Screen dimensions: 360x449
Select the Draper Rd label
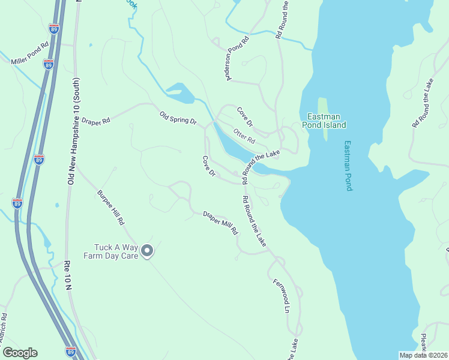(x=97, y=121)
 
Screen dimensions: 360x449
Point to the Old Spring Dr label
(x=178, y=117)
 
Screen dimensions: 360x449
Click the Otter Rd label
(x=244, y=136)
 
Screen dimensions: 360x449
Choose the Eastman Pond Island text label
(x=327, y=121)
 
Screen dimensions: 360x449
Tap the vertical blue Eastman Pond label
(x=348, y=166)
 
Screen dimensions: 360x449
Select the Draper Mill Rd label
(x=220, y=223)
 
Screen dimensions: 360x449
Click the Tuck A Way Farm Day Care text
(x=116, y=251)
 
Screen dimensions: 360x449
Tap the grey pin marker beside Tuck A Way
(x=147, y=251)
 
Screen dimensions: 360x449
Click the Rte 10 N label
(x=68, y=276)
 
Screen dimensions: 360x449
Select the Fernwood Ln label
(x=282, y=296)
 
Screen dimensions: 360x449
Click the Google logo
(x=20, y=353)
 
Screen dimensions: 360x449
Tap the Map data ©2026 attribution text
(x=423, y=355)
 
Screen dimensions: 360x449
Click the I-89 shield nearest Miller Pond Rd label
(x=49, y=64)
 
